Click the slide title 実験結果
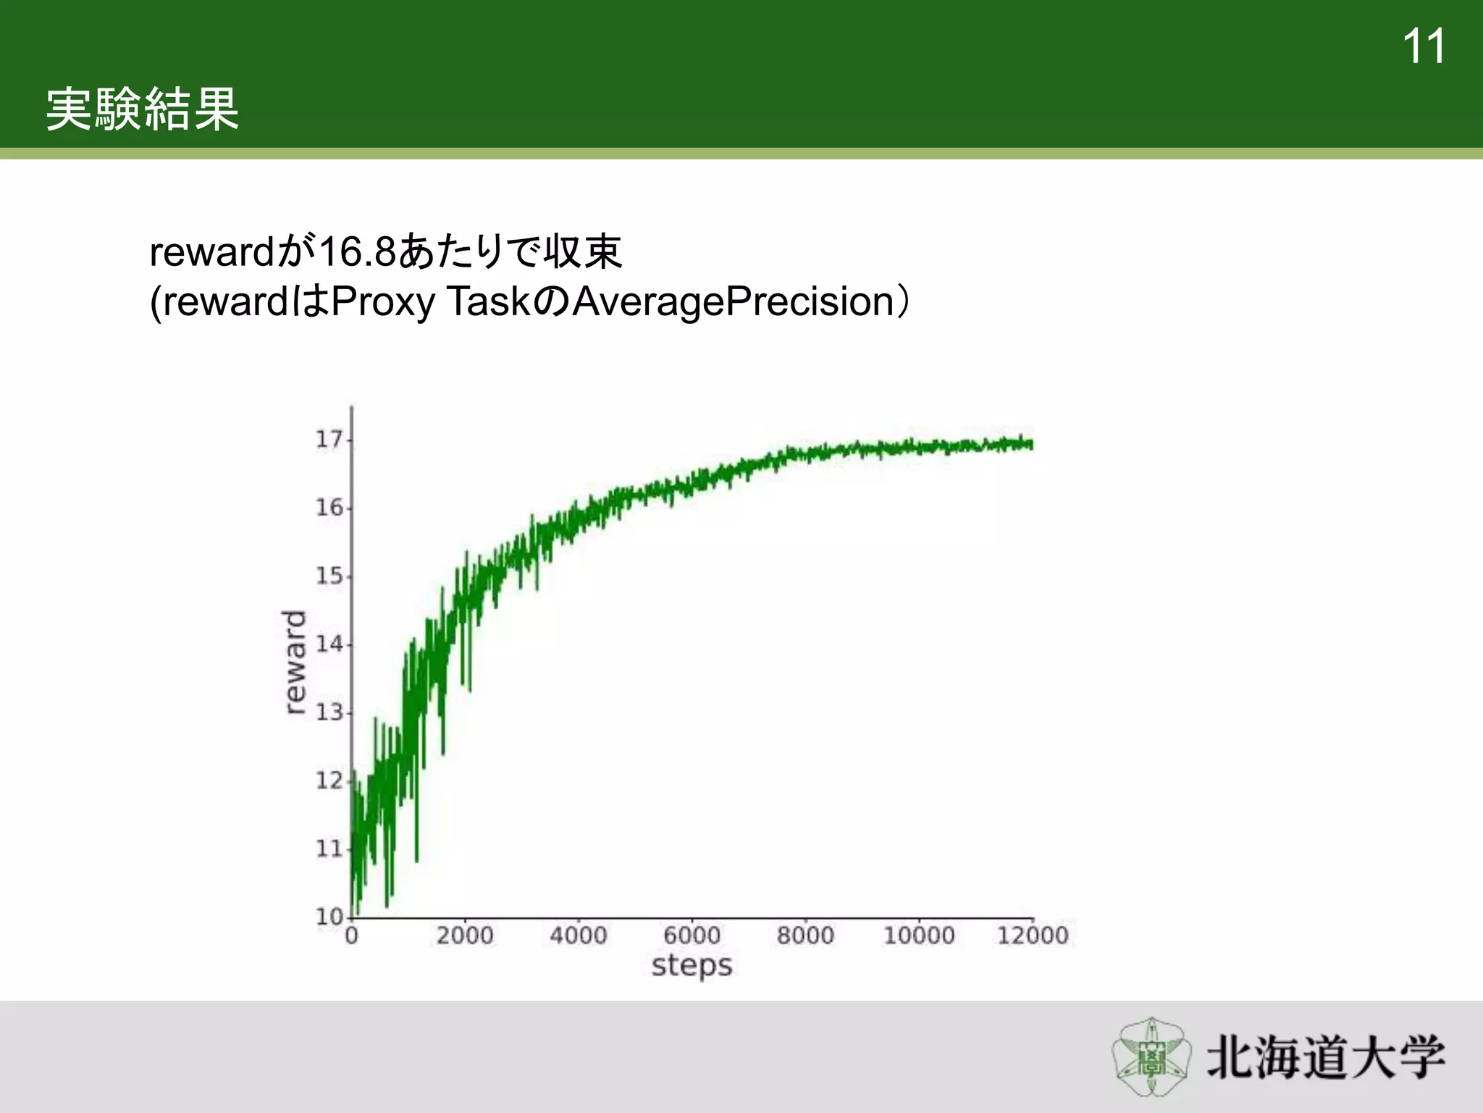[143, 109]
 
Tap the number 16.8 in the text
[357, 252]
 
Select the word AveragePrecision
[733, 302]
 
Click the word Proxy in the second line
[382, 302]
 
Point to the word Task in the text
[490, 302]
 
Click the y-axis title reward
[294, 662]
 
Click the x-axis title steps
[692, 966]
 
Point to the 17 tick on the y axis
[329, 439]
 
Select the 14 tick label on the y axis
[329, 643]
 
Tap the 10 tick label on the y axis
[329, 917]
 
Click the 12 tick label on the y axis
[329, 780]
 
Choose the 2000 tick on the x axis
[464, 935]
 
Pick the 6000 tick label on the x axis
[692, 935]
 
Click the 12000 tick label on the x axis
[1032, 935]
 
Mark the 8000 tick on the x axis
[805, 935]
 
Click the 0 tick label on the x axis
[351, 935]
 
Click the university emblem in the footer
[1151, 1056]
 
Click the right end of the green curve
[1030, 444]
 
